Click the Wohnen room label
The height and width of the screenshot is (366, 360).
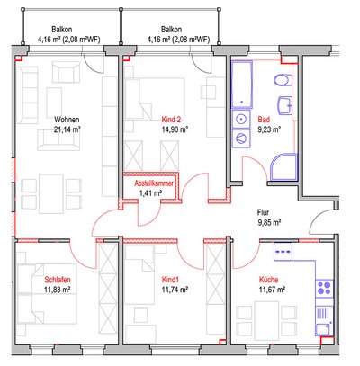[x=67, y=120]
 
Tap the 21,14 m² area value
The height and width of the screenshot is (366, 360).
[x=67, y=129]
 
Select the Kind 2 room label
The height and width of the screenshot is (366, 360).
[x=171, y=120]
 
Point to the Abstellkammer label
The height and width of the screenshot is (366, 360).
[x=154, y=183]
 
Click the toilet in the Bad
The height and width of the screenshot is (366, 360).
[x=283, y=80]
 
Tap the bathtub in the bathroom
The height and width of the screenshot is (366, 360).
[x=241, y=85]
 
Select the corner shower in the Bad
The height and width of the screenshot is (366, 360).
[x=283, y=167]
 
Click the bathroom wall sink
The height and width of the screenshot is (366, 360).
[x=285, y=105]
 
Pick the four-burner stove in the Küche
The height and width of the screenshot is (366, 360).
[x=324, y=288]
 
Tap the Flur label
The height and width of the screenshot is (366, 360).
[x=263, y=212]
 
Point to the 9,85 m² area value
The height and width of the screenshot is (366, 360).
[x=269, y=222]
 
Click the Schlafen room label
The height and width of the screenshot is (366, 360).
[x=58, y=280]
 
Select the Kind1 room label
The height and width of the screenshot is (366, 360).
[x=170, y=280]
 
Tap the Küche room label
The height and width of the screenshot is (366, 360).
[x=268, y=280]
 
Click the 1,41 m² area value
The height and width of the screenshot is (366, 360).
[x=150, y=193]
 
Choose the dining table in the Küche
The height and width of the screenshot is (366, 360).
[x=266, y=321]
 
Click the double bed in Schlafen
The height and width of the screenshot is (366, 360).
[x=47, y=294]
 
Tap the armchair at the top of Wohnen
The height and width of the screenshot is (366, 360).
[x=66, y=72]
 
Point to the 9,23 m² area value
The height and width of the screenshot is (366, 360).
[x=269, y=129]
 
